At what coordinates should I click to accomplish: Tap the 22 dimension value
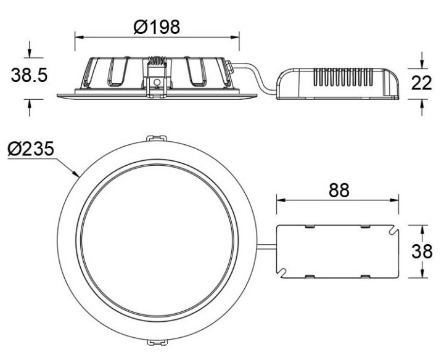click(421, 83)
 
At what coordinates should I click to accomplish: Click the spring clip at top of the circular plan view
click(156, 141)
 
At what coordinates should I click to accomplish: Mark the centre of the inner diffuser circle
click(156, 241)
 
